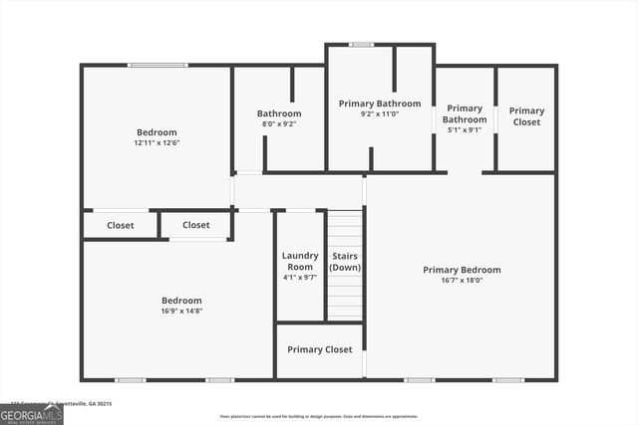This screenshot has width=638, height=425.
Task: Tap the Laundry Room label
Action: point(299,261)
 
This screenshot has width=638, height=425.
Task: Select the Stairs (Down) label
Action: point(346,262)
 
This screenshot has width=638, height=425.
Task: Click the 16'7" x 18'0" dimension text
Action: point(462,281)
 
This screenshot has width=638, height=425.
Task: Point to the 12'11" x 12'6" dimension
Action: point(157,142)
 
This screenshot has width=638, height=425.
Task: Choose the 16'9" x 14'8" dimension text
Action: point(181,312)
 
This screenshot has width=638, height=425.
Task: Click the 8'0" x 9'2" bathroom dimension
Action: point(279,124)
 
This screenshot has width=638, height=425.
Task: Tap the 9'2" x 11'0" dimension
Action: point(379,114)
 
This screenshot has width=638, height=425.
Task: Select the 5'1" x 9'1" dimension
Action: point(465,129)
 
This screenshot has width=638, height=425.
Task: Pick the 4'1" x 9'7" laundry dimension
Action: point(299,277)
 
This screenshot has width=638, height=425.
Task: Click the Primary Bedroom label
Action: point(462,270)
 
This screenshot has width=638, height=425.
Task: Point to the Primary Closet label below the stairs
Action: point(319,349)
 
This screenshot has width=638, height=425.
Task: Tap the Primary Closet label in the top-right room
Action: point(526,116)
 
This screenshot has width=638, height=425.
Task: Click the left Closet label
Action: point(121,225)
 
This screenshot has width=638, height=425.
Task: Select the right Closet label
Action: point(196,225)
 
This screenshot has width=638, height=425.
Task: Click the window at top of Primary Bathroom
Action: point(361,44)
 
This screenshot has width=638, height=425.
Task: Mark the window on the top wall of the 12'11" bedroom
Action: point(158,66)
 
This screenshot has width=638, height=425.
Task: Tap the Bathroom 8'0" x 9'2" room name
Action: point(279,113)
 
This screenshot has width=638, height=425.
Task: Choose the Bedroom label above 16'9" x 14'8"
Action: point(181,301)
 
